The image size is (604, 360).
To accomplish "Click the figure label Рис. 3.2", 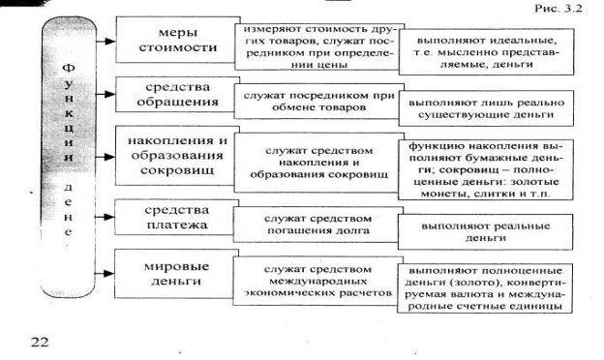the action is point(559,8).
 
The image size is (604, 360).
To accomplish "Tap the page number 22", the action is point(40,342).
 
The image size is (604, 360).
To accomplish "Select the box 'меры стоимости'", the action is point(178,40).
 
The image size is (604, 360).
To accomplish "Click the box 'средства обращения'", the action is point(177,94).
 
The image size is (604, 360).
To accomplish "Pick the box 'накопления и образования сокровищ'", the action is point(177,156).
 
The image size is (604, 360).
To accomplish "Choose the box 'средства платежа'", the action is point(177,217).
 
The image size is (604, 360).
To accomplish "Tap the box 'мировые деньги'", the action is point(176,273).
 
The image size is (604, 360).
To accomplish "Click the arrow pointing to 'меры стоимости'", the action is point(106,41).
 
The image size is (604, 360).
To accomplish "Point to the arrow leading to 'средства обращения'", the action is point(106,94).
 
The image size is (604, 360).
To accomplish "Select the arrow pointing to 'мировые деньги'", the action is point(105,273).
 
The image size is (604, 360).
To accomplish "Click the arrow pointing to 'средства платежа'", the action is point(105,217).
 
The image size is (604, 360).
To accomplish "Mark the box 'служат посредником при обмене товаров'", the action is point(319,102).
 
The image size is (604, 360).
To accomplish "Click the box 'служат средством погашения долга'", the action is point(318,225).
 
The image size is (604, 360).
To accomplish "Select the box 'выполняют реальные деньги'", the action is point(485,232).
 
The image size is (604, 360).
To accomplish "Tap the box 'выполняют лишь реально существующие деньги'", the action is point(486,108).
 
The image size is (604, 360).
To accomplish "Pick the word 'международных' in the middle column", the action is point(318,281).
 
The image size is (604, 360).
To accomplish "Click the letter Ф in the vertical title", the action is point(68,68).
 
